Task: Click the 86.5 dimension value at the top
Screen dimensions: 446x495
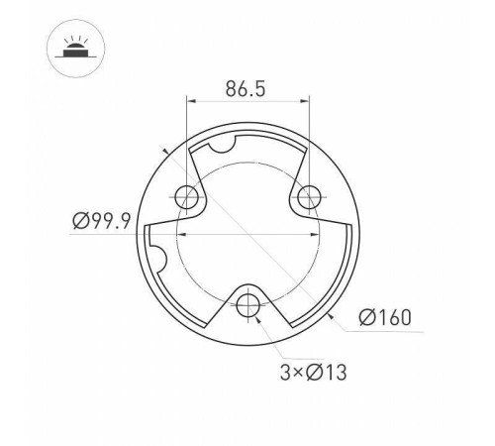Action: pyautogui.click(x=246, y=88)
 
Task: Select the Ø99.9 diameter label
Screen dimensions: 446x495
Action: pyautogui.click(x=102, y=222)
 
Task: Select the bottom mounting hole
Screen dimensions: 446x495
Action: pyautogui.click(x=248, y=302)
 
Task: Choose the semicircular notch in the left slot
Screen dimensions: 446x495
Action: pyautogui.click(x=160, y=261)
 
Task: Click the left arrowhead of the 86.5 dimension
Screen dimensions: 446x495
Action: pyautogui.click(x=190, y=101)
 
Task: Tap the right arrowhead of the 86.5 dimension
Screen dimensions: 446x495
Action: pyautogui.click(x=306, y=101)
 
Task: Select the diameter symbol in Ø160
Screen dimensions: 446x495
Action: pyautogui.click(x=364, y=318)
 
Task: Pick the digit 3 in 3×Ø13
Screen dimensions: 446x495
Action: pyautogui.click(x=284, y=373)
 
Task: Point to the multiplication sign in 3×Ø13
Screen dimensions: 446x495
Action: pyautogui.click(x=297, y=374)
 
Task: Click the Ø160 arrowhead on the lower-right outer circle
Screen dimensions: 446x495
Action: pyautogui.click(x=328, y=313)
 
